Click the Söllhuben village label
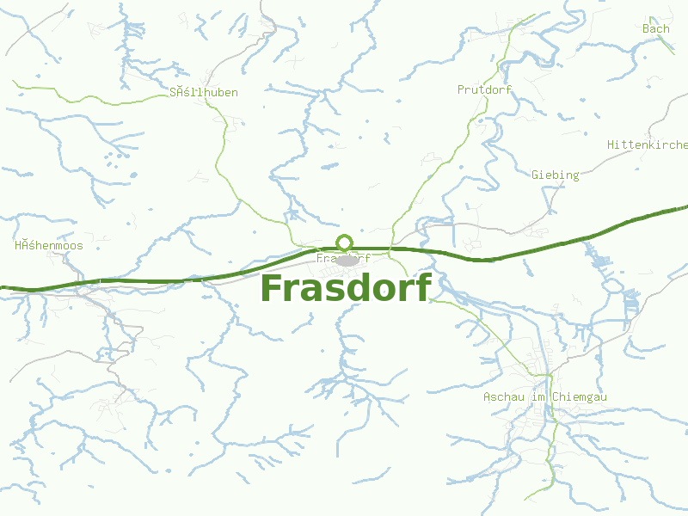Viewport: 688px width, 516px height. point(204,92)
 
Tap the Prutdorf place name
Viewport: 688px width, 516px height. point(484,89)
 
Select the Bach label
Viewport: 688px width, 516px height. point(655,28)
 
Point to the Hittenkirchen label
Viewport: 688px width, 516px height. point(648,144)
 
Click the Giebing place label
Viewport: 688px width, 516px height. point(555,175)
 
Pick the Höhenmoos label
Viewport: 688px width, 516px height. point(49,245)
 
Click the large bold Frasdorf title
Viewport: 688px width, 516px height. point(344,289)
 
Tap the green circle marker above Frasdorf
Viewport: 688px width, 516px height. point(345,242)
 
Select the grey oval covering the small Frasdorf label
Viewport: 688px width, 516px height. point(347,260)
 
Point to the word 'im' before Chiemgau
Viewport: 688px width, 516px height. point(539,396)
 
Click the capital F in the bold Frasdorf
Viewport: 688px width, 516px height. point(273,289)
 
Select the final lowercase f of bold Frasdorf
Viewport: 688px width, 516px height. point(421,288)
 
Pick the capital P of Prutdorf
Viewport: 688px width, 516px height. point(461,89)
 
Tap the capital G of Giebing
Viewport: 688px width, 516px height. point(535,175)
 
